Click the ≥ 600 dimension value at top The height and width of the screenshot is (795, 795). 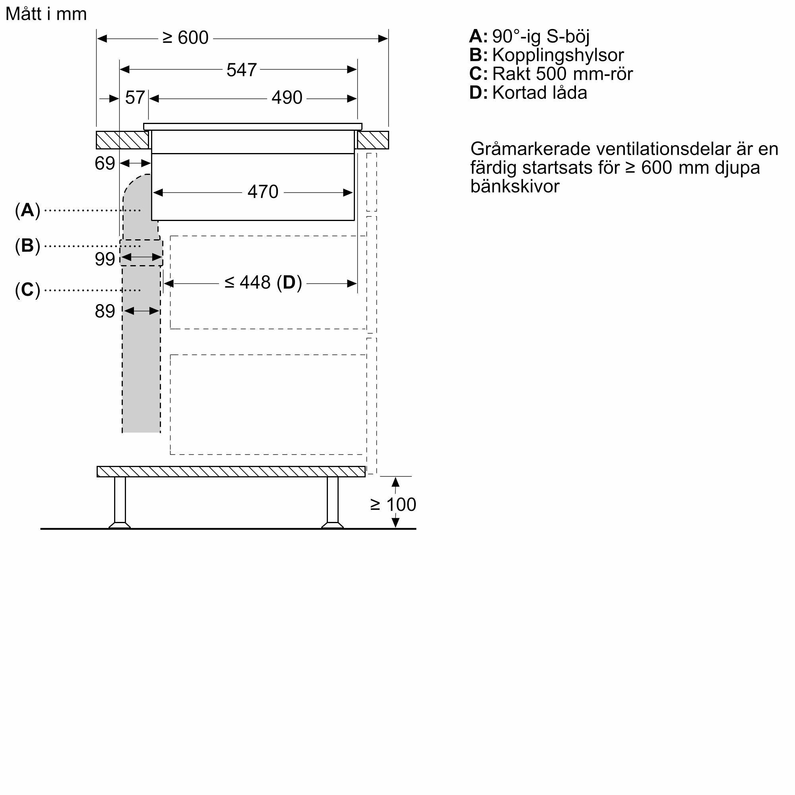(x=186, y=38)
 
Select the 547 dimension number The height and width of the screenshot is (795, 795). (x=242, y=70)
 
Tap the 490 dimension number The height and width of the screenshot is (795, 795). (x=287, y=98)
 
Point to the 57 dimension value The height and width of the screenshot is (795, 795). (x=135, y=98)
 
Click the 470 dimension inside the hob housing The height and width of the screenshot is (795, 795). (x=263, y=192)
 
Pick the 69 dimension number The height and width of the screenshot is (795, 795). (x=105, y=164)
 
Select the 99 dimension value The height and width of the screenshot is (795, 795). (x=105, y=259)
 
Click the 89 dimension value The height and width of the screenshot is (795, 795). (x=105, y=312)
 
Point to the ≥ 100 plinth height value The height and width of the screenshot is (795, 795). (x=394, y=504)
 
